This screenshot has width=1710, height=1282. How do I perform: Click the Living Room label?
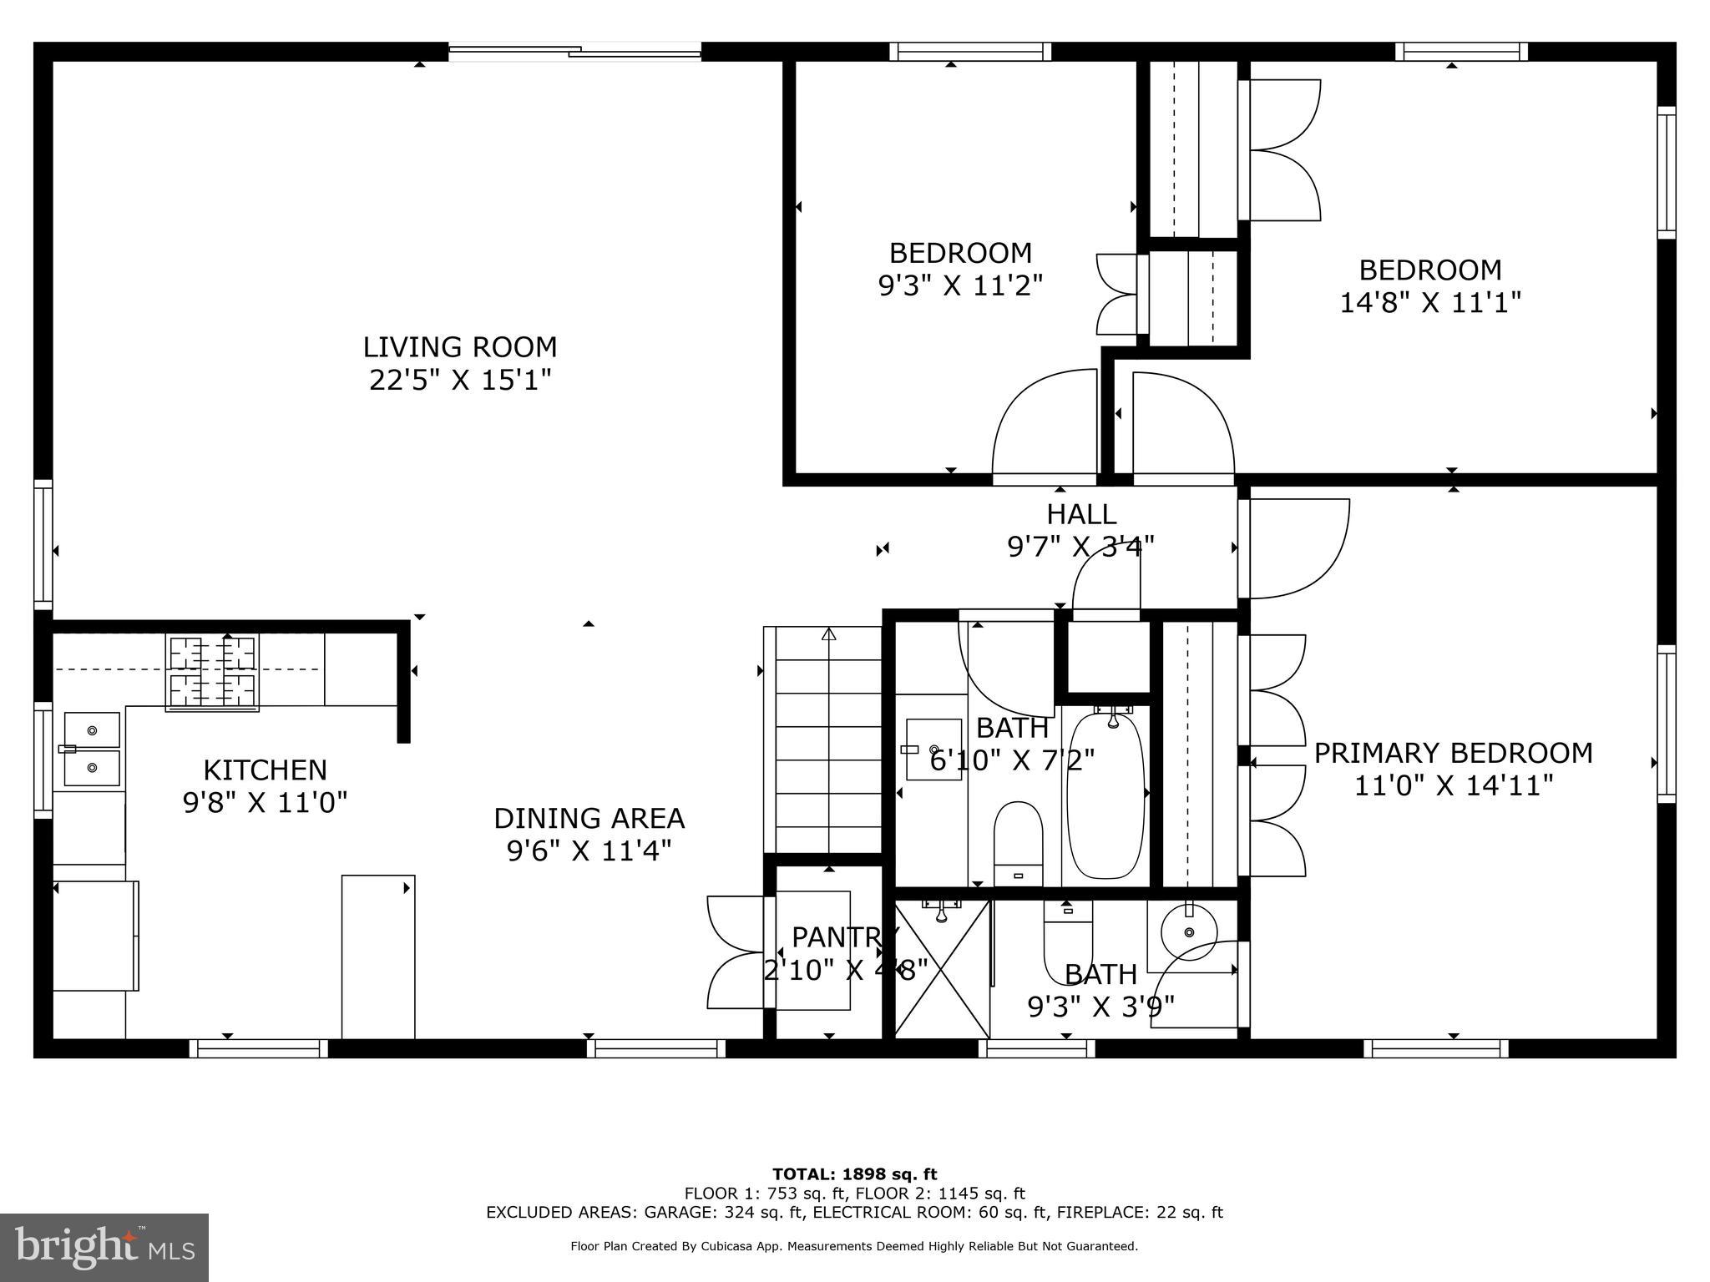point(459,346)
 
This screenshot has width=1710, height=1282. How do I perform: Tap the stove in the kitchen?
point(212,673)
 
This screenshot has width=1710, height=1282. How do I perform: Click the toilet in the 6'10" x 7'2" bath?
point(1019,844)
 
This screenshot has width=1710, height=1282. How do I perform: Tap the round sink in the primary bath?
point(1189,931)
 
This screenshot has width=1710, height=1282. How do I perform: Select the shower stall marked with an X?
point(942,969)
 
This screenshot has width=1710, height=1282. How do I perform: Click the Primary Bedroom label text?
point(1453,753)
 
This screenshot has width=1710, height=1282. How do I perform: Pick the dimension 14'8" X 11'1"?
point(1430,301)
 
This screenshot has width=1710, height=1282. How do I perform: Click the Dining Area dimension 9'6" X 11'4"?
point(589,850)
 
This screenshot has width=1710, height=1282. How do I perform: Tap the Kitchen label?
point(266,770)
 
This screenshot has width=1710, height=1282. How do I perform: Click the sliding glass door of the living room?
point(575,52)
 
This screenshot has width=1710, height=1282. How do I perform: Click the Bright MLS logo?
point(104,1248)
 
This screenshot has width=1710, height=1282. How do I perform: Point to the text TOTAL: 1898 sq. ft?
point(854,1174)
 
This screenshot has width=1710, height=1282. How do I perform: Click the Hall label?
point(1081,513)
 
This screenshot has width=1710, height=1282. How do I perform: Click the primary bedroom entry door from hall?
point(1294,548)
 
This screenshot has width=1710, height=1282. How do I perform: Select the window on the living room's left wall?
point(43,544)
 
